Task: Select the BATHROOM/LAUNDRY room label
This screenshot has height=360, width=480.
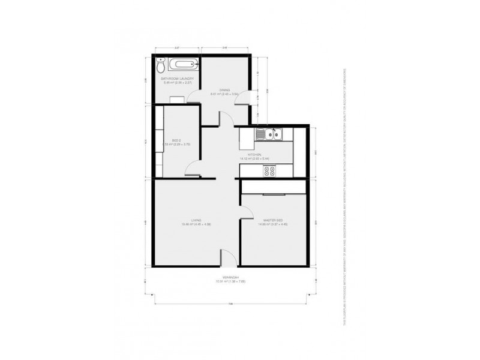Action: pos(175,79)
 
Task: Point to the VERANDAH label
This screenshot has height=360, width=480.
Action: pos(230,277)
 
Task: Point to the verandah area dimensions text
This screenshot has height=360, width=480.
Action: pos(230,281)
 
